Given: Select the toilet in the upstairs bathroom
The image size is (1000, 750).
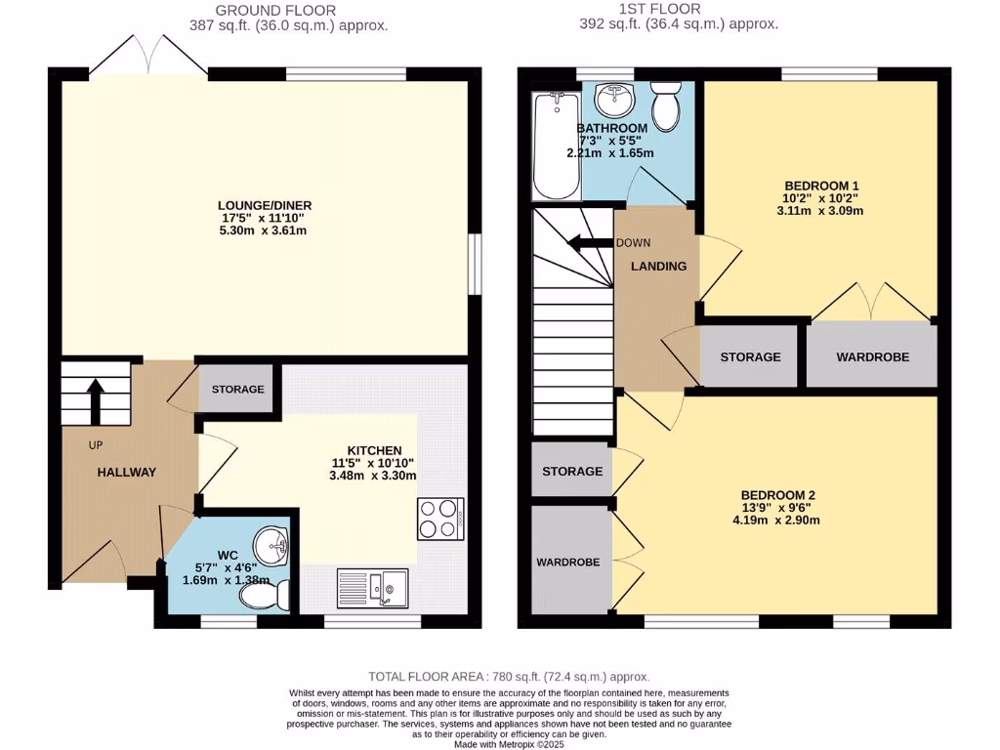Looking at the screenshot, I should [667, 105].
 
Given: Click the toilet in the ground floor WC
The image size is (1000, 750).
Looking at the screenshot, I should [277, 594].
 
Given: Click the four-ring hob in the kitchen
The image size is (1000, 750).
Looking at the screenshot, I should [439, 519].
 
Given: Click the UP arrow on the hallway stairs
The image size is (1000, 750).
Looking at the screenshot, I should [96, 399].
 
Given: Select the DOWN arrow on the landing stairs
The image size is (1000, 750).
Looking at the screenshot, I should [590, 244].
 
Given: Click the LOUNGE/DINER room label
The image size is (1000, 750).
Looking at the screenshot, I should [258, 205].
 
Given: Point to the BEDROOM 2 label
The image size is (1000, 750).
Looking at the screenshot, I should [777, 495].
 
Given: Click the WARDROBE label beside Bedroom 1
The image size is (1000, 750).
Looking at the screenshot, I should [872, 357].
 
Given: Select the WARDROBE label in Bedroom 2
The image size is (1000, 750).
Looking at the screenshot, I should [567, 562].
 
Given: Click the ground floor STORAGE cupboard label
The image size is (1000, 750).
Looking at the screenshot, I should [237, 390].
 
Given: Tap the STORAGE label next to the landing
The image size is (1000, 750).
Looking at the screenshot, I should [750, 357].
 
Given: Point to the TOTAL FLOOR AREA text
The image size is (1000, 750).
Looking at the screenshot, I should [508, 677].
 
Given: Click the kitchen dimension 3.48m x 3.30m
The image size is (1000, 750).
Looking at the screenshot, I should [373, 476].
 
